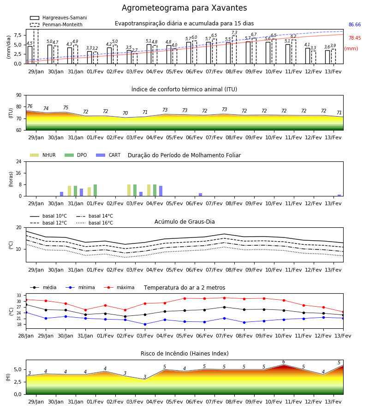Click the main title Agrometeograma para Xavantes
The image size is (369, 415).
point(184,8)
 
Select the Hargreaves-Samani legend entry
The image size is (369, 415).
point(58,18)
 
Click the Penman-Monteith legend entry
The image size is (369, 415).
point(56,24)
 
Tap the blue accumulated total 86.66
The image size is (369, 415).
point(354,24)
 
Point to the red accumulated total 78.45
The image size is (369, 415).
point(354,38)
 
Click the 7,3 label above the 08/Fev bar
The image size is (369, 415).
point(234,33)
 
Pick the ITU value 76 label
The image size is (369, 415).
point(30,106)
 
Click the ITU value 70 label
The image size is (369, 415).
point(125,113)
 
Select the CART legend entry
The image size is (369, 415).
point(108,155)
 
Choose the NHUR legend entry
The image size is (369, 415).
point(43,155)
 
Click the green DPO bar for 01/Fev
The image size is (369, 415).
point(95,190)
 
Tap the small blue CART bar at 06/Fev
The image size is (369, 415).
point(200,195)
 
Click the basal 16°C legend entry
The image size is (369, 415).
point(95,223)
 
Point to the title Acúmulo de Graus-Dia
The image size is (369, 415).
point(184,221)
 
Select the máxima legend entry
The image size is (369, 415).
point(119,287)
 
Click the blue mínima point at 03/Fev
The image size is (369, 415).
point(145,324)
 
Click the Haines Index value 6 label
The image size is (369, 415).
point(284,362)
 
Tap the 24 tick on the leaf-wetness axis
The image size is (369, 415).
point(18,161)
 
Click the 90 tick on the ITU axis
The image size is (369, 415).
point(18,95)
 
